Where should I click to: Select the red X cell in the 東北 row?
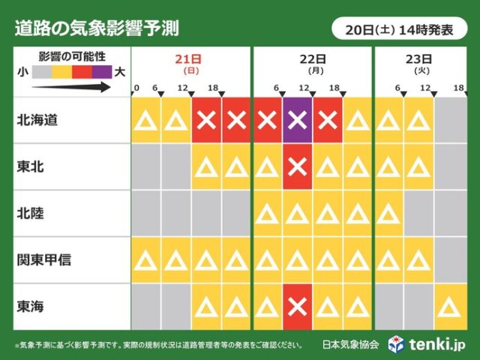298,166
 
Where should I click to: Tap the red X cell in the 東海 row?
298,306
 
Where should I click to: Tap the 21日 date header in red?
191,59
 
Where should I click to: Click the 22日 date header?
313,59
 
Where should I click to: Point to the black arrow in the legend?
71,87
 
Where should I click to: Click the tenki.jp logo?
428,344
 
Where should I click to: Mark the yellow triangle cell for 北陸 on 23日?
389,214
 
